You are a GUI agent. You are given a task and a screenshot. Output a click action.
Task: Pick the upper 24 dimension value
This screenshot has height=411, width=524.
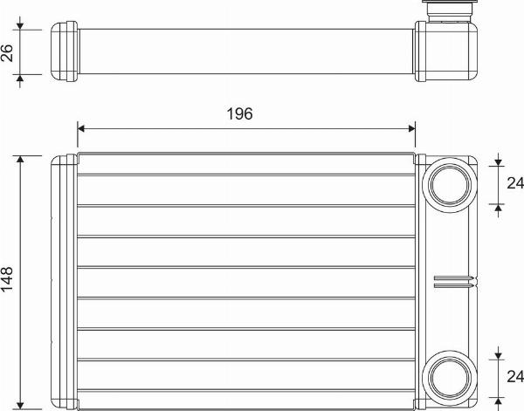click(x=515, y=183)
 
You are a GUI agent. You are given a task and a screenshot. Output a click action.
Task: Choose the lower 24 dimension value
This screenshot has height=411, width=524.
click(x=515, y=376)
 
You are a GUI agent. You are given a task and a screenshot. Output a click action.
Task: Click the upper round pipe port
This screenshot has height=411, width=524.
click(x=450, y=186)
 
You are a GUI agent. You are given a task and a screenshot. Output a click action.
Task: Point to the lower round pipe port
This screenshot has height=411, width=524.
click(x=450, y=378)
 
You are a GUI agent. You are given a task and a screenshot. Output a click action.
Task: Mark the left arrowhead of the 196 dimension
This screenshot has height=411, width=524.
click(x=81, y=128)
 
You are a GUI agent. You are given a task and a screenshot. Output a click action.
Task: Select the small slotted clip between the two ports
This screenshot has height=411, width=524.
click(x=454, y=281)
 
